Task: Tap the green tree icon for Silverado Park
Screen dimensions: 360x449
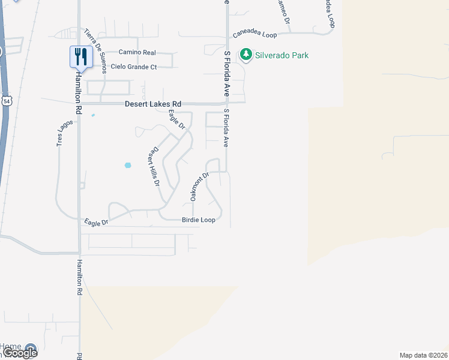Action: tap(246, 55)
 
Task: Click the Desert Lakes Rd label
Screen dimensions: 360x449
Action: tap(152, 104)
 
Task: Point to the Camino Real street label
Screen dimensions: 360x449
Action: tap(137, 53)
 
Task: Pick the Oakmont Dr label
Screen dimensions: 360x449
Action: tap(200, 187)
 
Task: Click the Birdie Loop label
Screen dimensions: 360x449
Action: tap(198, 220)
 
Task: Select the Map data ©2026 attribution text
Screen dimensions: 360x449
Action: tap(424, 355)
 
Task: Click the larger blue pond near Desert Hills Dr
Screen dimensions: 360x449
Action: tap(127, 165)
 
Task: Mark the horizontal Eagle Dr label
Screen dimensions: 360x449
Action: tap(96, 222)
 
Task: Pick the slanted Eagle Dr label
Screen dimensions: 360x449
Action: tap(176, 121)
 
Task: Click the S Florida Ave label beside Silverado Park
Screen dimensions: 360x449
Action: tap(227, 74)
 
